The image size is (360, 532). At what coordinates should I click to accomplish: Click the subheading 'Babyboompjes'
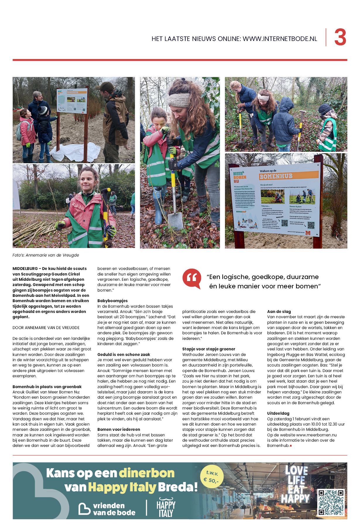tap(112, 301)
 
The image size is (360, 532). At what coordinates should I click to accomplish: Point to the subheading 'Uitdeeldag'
tap(278, 413)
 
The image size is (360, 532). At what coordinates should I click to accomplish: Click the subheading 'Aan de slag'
tap(279, 311)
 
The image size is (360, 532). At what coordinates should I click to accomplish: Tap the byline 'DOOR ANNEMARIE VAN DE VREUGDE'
tap(46, 328)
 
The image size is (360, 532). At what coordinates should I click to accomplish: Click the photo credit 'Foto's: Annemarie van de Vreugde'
tap(46, 255)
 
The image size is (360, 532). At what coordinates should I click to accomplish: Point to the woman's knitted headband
tap(181, 99)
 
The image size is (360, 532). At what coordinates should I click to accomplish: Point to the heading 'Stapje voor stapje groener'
tap(208, 349)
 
